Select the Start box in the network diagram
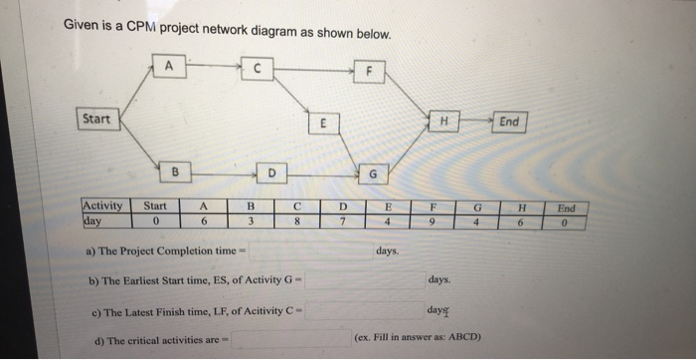tap(96, 119)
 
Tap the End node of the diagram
tap(509, 121)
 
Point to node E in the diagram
tap(320, 125)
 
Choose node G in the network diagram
tap(374, 175)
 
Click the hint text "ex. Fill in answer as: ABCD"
tap(418, 337)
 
